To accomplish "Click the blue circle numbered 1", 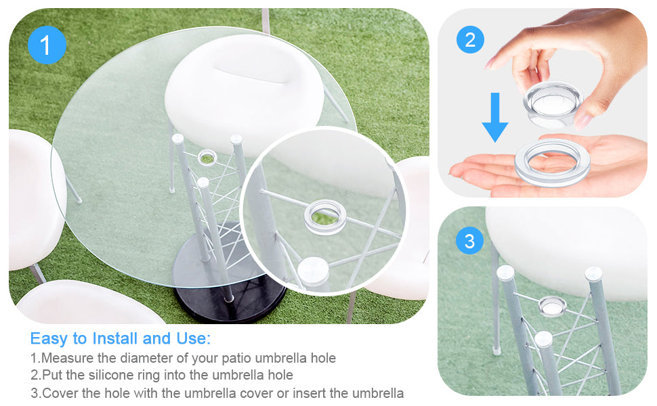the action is [47, 45].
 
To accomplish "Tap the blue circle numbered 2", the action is [470, 40].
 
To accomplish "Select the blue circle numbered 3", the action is [469, 241].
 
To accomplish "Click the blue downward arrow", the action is [495, 117].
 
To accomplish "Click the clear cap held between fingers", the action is [552, 104].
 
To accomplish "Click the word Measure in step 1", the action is [68, 358].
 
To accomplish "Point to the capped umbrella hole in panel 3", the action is [552, 306].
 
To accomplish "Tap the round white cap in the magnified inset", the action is [314, 271].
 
